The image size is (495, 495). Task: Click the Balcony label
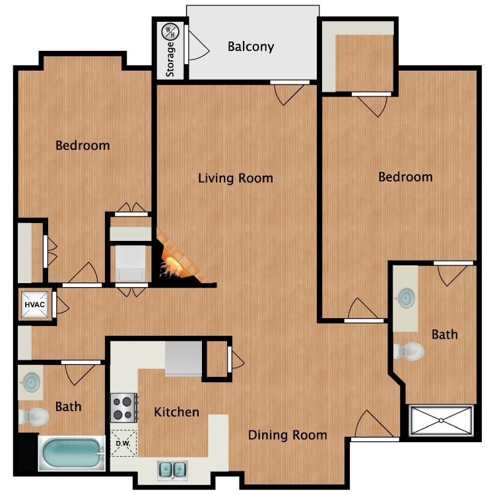tap(250, 46)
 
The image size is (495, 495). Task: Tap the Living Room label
tap(236, 178)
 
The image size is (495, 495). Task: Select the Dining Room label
tap(287, 434)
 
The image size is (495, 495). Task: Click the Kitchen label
tap(176, 412)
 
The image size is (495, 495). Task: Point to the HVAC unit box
tap(34, 304)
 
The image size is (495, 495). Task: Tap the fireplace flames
tap(173, 267)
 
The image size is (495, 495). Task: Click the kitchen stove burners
tap(123, 407)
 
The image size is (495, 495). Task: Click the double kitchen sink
tap(172, 469)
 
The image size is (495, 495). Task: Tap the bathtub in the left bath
tap(72, 455)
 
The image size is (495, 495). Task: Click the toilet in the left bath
tap(34, 416)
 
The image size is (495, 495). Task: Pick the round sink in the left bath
tap(30, 382)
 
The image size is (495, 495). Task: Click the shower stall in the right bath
tap(442, 420)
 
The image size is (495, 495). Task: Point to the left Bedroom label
tap(82, 145)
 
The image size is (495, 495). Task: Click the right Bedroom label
tap(405, 177)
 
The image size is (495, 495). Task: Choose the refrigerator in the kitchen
tap(183, 359)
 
